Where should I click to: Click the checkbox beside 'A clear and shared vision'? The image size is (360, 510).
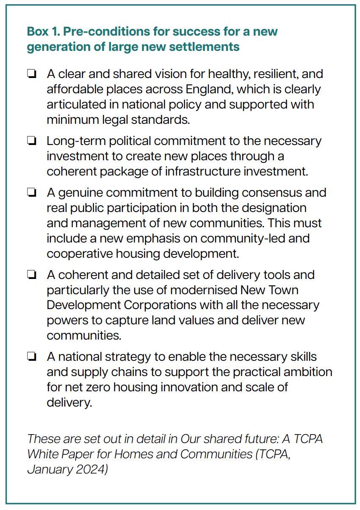(x=31, y=75)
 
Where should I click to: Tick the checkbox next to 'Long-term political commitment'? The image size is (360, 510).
(x=31, y=141)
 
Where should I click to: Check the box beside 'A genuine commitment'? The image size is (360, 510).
(x=31, y=193)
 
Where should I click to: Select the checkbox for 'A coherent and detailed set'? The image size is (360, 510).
(x=31, y=275)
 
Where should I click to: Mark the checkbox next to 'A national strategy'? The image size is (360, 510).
(x=31, y=357)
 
